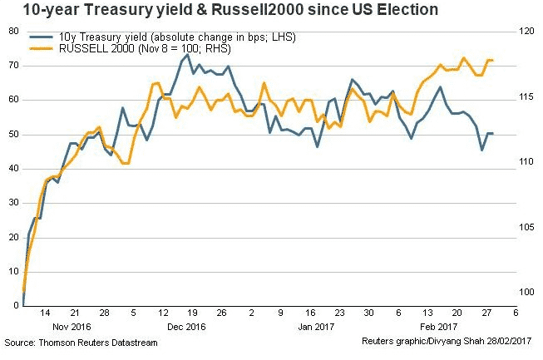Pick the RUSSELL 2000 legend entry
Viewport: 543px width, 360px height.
click(141, 49)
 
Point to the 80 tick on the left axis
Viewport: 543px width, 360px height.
click(12, 31)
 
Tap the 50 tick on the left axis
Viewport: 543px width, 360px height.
click(12, 134)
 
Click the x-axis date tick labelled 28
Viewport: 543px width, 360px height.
click(104, 313)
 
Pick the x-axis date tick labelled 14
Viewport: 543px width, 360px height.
click(46, 313)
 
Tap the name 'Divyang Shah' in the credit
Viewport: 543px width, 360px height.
click(461, 343)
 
